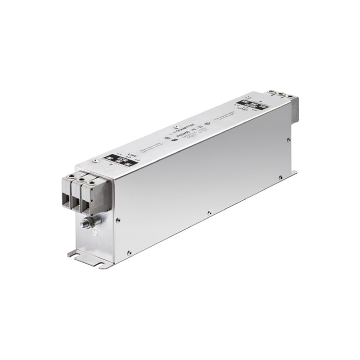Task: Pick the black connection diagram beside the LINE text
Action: coord(117,160)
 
